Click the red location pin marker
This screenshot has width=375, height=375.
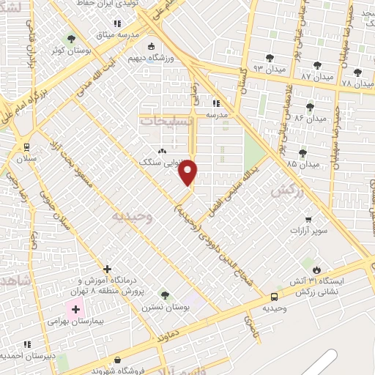[189, 173]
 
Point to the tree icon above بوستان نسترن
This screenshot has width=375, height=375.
[166, 295]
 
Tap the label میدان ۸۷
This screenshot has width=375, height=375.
[317, 76]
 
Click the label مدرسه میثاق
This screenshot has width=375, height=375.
[116, 34]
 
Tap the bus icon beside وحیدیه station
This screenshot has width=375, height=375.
[274, 297]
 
